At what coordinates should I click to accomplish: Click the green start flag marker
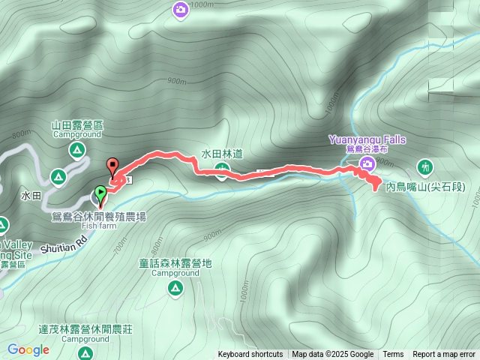[x=100, y=193]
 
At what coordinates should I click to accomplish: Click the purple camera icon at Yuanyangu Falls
[x=367, y=164]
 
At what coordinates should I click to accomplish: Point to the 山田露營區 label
[x=70, y=125]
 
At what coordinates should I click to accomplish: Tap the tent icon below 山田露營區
[x=77, y=151]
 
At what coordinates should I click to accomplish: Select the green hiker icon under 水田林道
[x=222, y=176]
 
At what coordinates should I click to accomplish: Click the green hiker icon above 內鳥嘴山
[x=426, y=166]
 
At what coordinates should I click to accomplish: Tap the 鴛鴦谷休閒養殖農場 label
[x=98, y=216]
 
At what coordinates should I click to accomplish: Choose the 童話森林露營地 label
[x=175, y=263]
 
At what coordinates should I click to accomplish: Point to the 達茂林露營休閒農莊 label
[x=85, y=329]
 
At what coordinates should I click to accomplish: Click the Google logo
[x=28, y=349]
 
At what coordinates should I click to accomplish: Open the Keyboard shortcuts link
[x=250, y=355]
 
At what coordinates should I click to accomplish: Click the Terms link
[x=393, y=355]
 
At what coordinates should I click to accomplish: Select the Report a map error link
[x=444, y=355]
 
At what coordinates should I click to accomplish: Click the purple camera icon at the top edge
[x=180, y=10]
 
